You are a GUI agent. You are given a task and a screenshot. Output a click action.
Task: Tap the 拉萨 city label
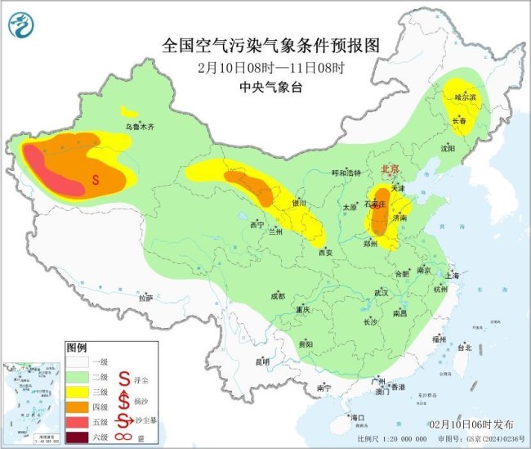click(x=145, y=299)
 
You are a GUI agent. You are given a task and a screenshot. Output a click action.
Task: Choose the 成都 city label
click(x=278, y=296)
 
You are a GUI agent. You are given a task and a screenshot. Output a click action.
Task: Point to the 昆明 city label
click(x=261, y=361)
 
